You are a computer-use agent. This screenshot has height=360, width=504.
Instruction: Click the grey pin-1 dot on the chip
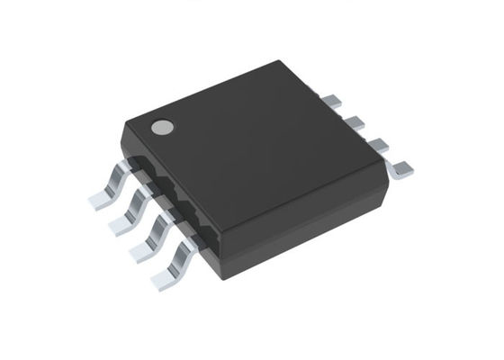(x=161, y=128)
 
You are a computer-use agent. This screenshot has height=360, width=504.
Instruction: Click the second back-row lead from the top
(x=353, y=119)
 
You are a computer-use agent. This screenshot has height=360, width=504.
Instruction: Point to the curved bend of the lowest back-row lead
(x=389, y=161)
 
